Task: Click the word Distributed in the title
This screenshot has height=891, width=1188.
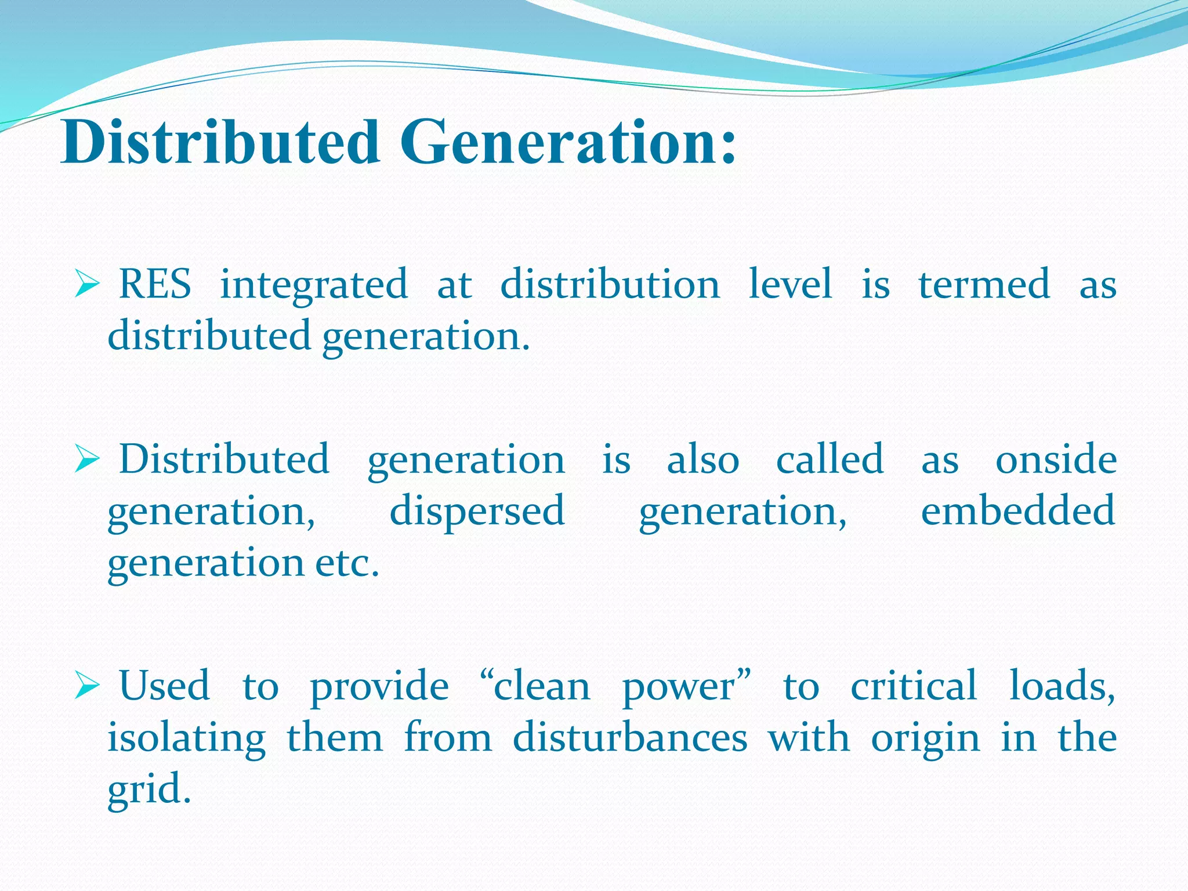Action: (220, 142)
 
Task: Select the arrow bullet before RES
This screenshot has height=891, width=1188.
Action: (88, 285)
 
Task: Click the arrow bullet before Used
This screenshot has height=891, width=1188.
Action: (88, 686)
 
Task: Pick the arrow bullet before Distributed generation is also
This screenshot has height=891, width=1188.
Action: (88, 460)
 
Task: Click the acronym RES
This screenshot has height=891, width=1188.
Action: (155, 284)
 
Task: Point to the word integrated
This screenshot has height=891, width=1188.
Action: (314, 285)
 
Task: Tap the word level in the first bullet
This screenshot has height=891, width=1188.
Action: (791, 284)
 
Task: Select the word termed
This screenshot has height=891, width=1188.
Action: (984, 284)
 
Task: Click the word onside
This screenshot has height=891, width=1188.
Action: (1056, 459)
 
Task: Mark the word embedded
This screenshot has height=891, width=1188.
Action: (1018, 510)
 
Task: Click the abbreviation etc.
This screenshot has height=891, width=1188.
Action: (347, 563)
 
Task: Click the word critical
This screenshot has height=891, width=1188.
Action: (914, 686)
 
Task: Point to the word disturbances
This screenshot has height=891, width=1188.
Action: (630, 738)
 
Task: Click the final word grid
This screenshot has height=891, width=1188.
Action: (148, 790)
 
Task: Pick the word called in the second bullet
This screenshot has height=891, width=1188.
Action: (830, 459)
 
